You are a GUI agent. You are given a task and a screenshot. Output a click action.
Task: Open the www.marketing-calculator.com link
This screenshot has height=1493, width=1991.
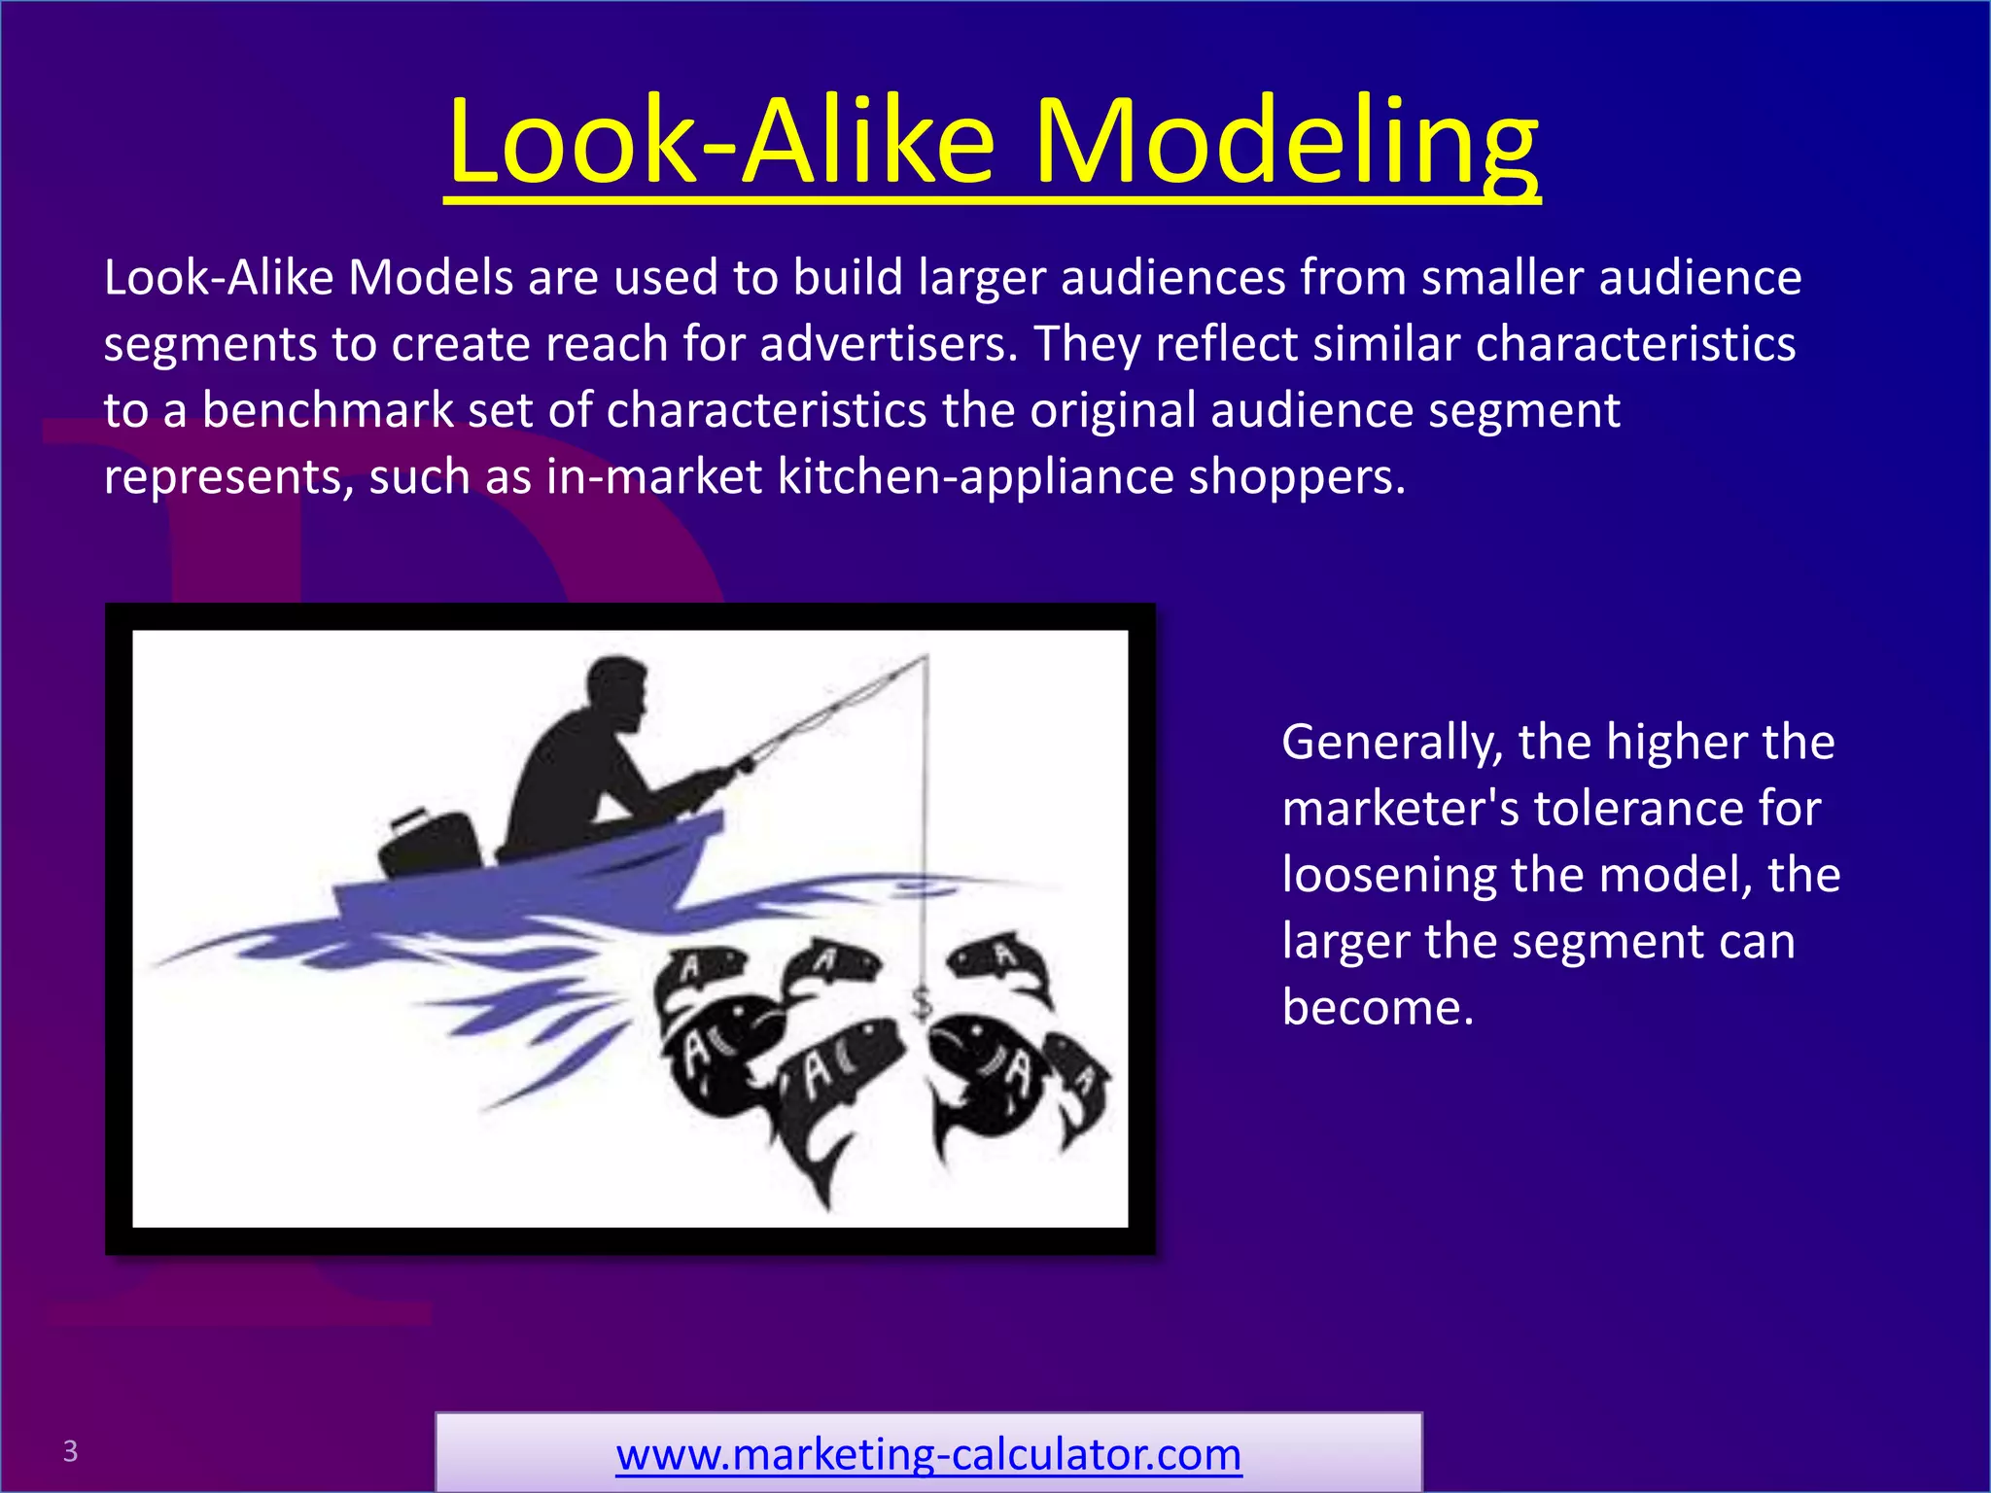coord(928,1454)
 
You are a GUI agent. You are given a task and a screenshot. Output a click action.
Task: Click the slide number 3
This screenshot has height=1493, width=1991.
coord(70,1451)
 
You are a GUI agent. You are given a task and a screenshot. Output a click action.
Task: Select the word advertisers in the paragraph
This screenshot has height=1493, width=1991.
coord(889,344)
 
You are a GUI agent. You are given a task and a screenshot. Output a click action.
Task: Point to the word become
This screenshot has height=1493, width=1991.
coord(1378,1007)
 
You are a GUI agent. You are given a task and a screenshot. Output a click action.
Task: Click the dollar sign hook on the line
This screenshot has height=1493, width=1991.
coord(923,1001)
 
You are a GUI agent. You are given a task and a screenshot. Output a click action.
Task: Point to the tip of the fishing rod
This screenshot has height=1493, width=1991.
coord(925,658)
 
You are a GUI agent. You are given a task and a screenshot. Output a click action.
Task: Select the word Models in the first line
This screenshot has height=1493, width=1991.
coord(430,278)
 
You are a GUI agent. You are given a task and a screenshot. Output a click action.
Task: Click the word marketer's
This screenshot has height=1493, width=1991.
coord(1400,809)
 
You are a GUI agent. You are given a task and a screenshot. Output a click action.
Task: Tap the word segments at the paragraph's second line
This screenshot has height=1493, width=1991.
coord(210,344)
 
